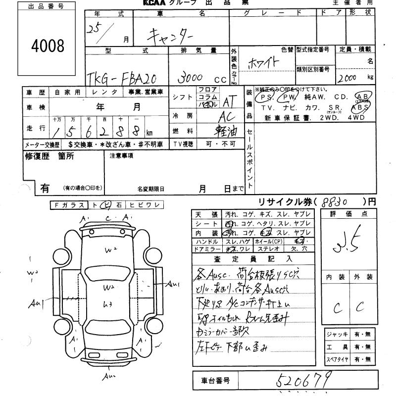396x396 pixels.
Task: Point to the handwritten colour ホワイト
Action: click(262, 64)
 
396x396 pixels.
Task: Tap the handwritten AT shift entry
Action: click(228, 102)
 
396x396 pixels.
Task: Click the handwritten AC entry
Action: click(229, 117)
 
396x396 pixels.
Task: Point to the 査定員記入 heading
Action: click(253, 259)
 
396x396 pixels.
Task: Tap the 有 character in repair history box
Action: click(45, 188)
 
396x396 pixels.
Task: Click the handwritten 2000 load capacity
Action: click(348, 78)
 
